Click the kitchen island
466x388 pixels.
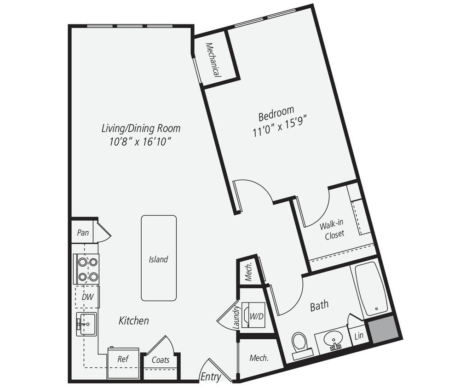click(x=158, y=258)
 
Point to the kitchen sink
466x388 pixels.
click(x=86, y=324)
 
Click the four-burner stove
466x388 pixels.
click(x=87, y=269)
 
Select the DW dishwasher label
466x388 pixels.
click(x=87, y=297)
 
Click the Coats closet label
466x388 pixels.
click(x=161, y=360)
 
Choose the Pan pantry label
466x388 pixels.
click(x=83, y=232)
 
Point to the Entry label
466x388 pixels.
click(x=211, y=377)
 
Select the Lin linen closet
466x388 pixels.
click(x=359, y=336)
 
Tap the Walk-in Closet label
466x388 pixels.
click(x=332, y=229)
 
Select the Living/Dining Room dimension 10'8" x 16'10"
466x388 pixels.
click(x=141, y=142)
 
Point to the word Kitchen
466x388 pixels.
click(x=134, y=320)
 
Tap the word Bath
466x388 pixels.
click(x=319, y=306)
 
